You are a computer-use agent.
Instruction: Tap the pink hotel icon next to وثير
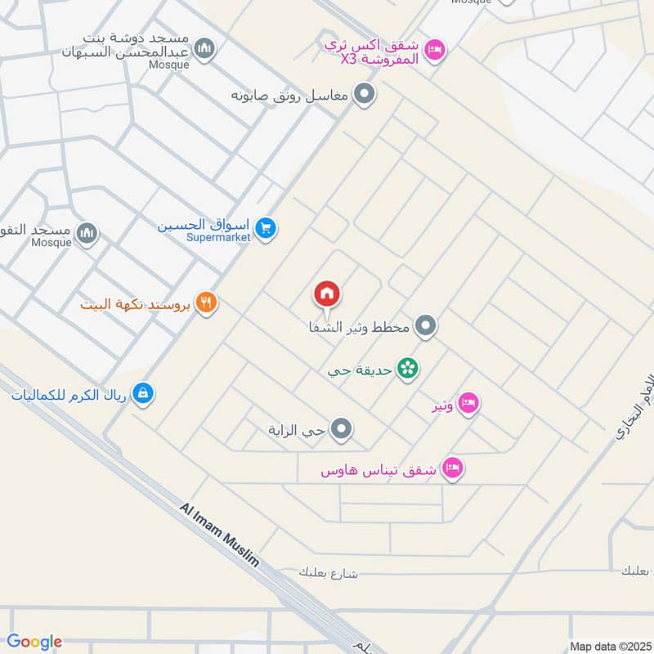coord(468,403)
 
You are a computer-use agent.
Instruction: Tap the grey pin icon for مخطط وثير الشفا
coord(424,328)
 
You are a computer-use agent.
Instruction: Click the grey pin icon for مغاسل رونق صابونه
coord(365,95)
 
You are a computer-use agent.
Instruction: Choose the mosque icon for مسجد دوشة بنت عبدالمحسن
coord(206,51)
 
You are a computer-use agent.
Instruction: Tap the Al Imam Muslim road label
coord(219,535)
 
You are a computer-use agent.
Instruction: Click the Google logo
coord(34,642)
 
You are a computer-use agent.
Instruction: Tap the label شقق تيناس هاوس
coord(377,471)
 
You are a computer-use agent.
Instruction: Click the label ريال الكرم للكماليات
coord(70,396)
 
